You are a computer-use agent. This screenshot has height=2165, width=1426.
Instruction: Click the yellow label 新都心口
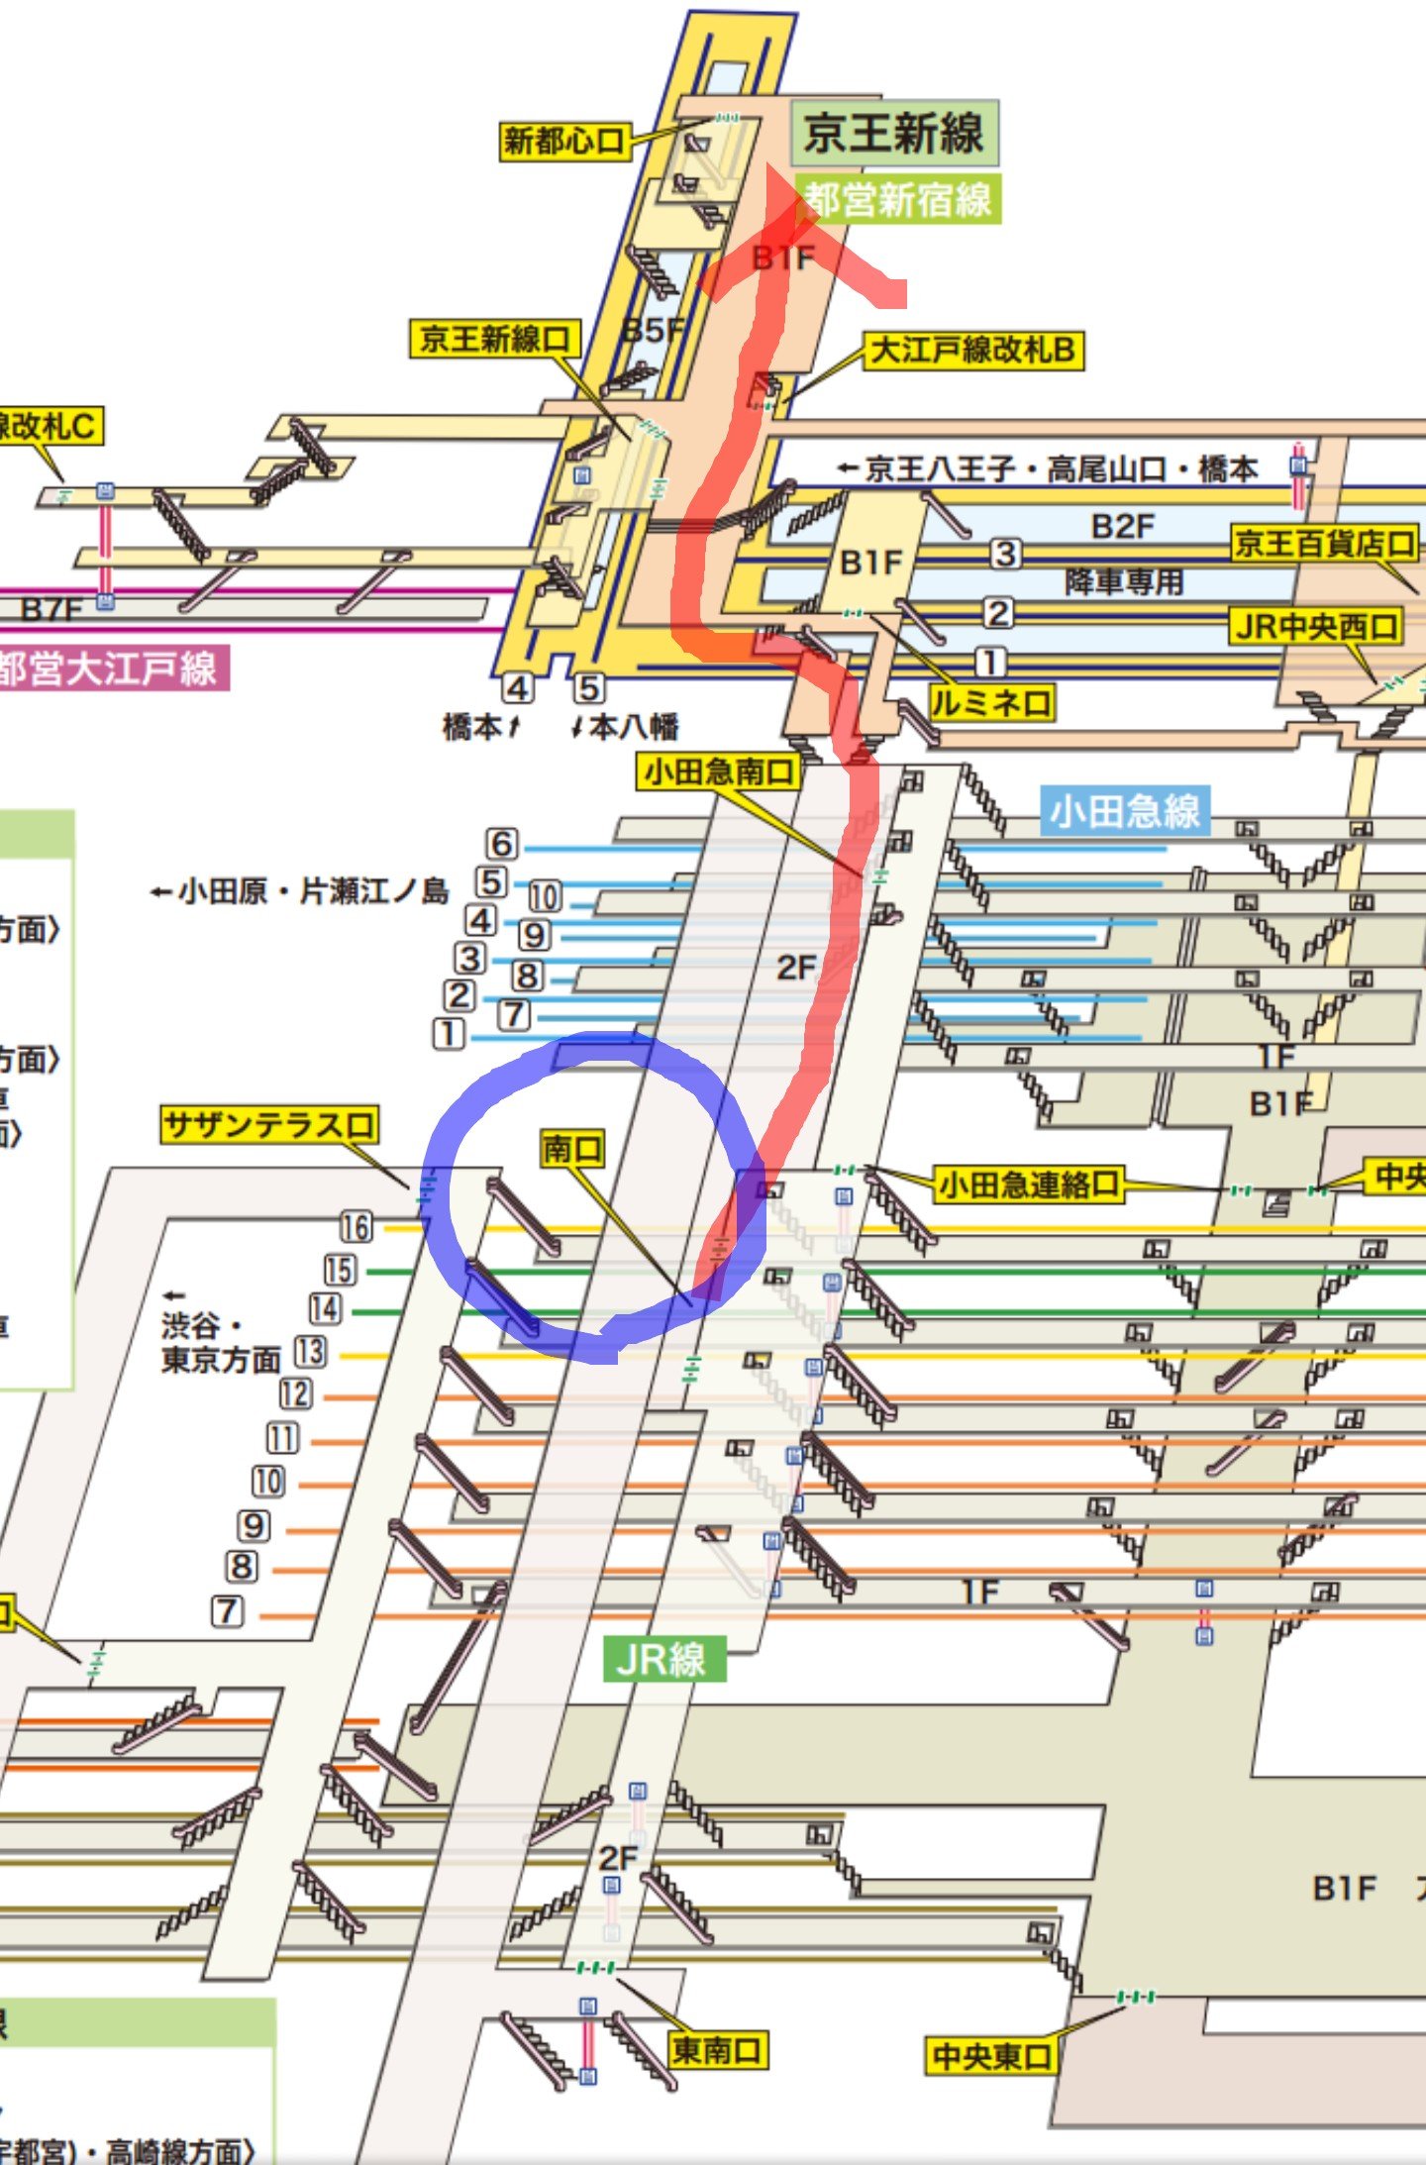[x=563, y=141]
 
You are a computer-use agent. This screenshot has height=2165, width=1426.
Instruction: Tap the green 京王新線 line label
[x=893, y=133]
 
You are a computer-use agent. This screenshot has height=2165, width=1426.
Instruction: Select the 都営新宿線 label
[x=896, y=200]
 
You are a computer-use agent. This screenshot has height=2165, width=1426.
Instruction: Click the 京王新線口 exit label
[x=494, y=339]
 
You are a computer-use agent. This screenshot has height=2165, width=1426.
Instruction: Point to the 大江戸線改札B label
[x=972, y=351]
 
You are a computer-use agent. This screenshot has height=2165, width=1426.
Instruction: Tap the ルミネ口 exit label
[x=990, y=703]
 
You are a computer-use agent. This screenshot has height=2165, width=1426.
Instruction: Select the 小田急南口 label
[x=718, y=772]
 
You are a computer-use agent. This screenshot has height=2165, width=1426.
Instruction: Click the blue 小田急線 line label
[x=1124, y=811]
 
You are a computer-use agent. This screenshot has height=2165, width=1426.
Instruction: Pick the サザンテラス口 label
[x=268, y=1125]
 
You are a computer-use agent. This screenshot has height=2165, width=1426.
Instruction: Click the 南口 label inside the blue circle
[x=572, y=1149]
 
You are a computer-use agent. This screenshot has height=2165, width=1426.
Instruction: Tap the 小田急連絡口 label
[x=1028, y=1184]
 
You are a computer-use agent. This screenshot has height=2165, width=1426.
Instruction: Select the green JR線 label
[x=663, y=1658]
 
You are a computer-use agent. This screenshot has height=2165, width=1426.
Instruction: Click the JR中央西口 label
[x=1316, y=626]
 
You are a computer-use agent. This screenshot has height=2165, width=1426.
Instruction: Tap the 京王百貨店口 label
[x=1324, y=544]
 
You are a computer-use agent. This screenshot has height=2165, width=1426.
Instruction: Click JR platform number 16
[x=356, y=1227]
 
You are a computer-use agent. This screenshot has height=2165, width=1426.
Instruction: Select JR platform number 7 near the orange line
[x=227, y=1611]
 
